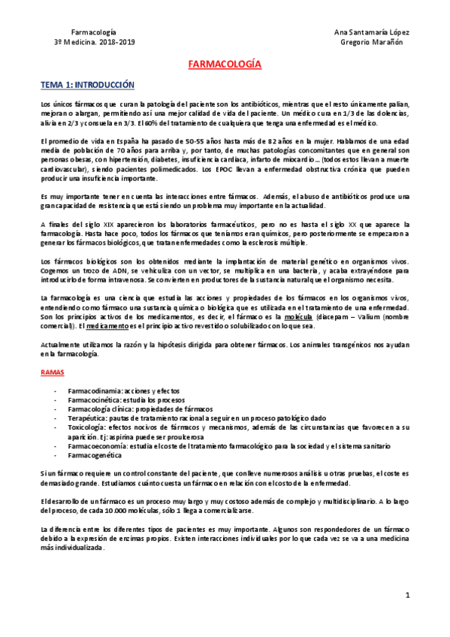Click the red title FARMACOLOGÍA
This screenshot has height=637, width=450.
[x=225, y=65]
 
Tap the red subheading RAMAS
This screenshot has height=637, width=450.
[x=52, y=372]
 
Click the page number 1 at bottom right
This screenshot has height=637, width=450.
[x=406, y=596]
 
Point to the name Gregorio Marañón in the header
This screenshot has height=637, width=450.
[x=372, y=42]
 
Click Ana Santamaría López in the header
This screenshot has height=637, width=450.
[x=371, y=32]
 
